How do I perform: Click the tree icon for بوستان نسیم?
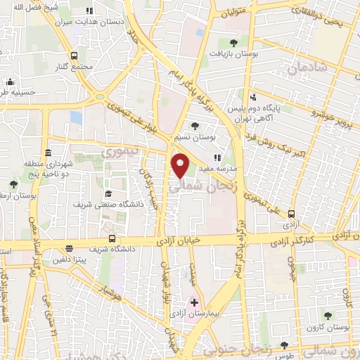[195, 125]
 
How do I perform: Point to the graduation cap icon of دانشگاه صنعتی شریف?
[108, 174]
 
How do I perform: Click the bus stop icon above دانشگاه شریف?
[112, 239]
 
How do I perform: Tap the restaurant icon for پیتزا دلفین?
[69, 248]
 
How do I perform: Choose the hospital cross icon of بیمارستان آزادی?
[195, 302]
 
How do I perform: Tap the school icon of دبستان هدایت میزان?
[89, 11]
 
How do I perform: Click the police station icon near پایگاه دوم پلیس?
[253, 98]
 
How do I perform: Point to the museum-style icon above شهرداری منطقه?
[48, 153]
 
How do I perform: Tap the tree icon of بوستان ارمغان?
[13, 185]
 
